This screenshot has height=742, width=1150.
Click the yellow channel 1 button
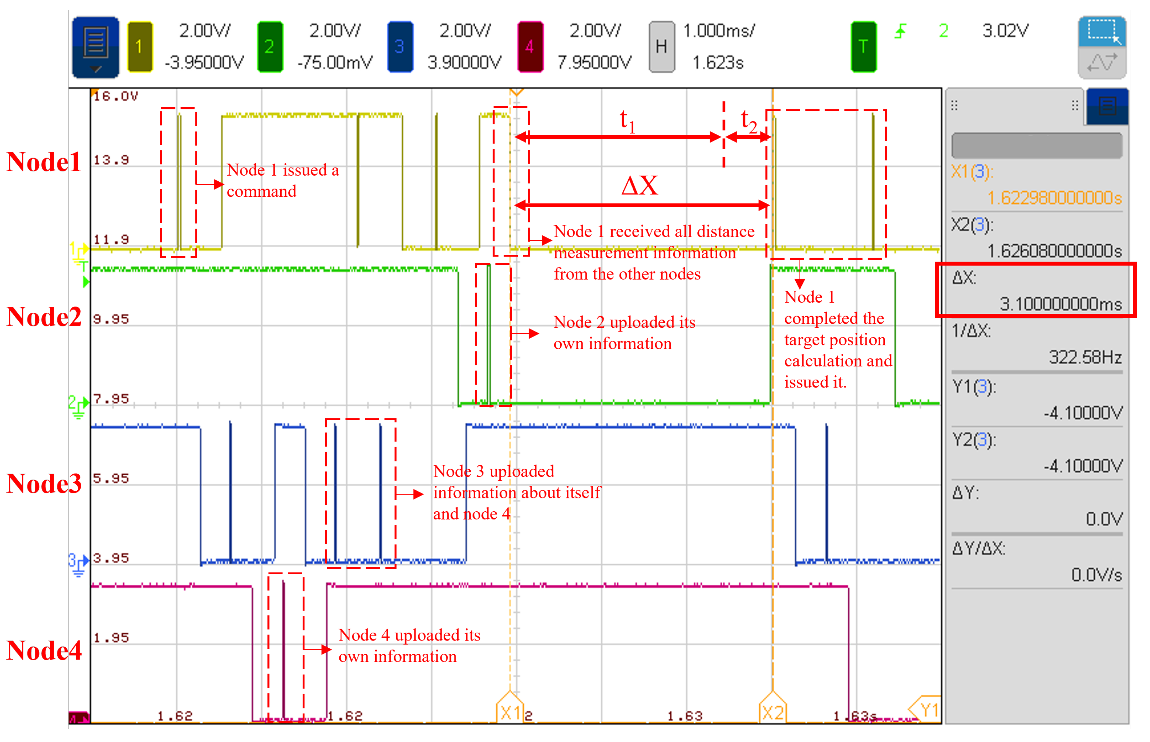pyautogui.click(x=140, y=47)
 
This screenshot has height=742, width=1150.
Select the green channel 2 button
pyautogui.click(x=270, y=47)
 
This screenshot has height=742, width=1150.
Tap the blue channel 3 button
pyautogui.click(x=400, y=47)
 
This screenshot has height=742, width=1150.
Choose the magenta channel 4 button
pyautogui.click(x=530, y=47)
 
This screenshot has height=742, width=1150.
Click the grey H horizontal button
pyautogui.click(x=661, y=47)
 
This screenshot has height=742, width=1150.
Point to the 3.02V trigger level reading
pyautogui.click(x=1005, y=31)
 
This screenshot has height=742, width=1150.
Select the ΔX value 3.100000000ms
pyautogui.click(x=1060, y=304)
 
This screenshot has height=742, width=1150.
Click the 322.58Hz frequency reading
pyautogui.click(x=1085, y=357)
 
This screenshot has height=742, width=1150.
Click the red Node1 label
pyautogui.click(x=44, y=162)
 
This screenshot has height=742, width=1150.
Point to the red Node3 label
pyautogui.click(x=44, y=483)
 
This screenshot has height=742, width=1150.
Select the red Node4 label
pyautogui.click(x=44, y=651)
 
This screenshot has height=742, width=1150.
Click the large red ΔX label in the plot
pyautogui.click(x=639, y=186)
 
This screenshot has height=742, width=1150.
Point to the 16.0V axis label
pyautogui.click(x=116, y=96)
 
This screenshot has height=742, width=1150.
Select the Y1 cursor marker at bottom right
pyautogui.click(x=927, y=710)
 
